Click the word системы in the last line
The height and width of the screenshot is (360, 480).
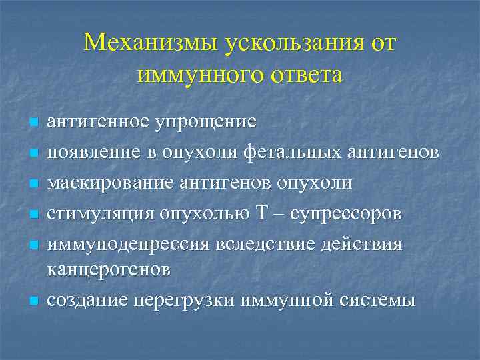[379, 300]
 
